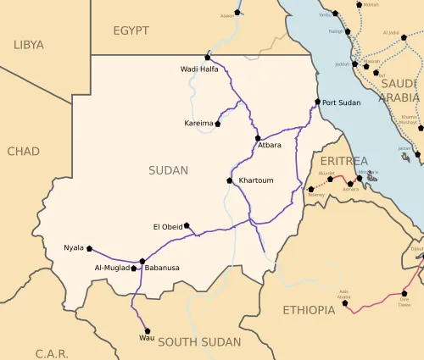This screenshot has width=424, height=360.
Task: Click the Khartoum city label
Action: [256, 180]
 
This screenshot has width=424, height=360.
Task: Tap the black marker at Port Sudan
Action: [318, 102]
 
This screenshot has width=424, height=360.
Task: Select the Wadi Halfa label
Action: [198, 69]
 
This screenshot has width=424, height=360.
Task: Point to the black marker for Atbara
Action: [258, 137]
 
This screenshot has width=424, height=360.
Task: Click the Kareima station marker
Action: [218, 124]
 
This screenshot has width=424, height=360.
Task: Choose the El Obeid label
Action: [167, 226]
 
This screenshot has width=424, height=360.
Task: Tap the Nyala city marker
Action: [89, 248]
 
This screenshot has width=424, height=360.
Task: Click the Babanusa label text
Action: [162, 268]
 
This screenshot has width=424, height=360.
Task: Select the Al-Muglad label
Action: [111, 268]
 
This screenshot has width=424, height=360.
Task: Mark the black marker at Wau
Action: [148, 330]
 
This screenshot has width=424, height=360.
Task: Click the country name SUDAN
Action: [168, 170]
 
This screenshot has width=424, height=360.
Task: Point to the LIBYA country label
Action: [28, 44]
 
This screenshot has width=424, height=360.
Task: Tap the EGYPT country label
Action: [131, 30]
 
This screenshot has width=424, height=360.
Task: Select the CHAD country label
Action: [23, 151]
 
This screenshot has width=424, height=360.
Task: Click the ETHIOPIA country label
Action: [309, 310]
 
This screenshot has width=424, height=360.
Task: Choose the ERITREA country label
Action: [343, 161]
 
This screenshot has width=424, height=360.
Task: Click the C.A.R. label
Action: [52, 352]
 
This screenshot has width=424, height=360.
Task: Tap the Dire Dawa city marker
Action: [404, 295]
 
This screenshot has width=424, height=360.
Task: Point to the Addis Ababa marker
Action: [345, 302]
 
